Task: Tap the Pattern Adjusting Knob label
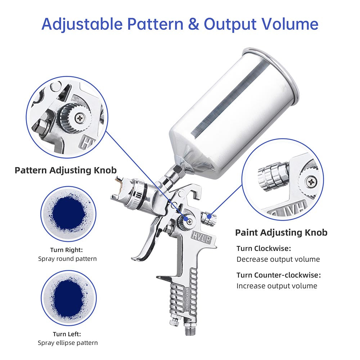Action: (66, 170)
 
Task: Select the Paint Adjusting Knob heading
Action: (281, 233)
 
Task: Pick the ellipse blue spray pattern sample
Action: (68, 296)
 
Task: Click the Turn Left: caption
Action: (67, 334)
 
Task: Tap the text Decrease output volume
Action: (278, 259)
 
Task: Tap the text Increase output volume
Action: (276, 286)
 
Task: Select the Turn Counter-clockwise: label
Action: (278, 275)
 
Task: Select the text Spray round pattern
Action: (67, 258)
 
